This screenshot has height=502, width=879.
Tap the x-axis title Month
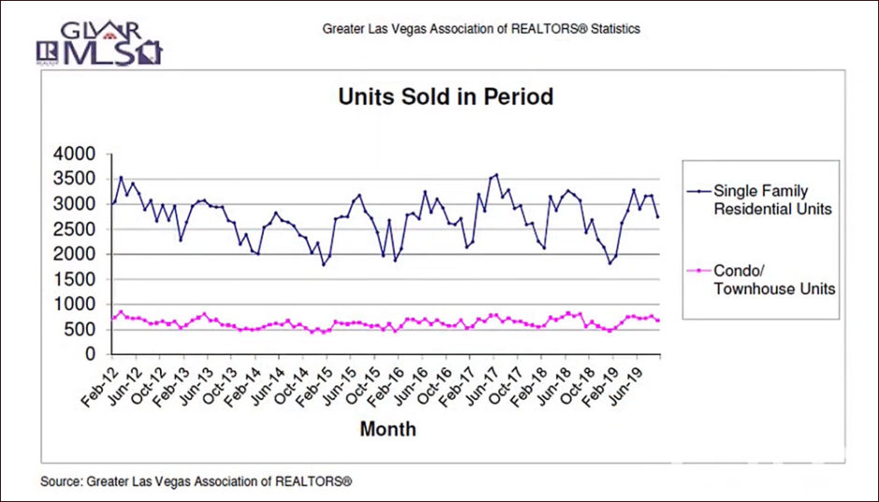[388, 430]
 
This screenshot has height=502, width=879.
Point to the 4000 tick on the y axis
[79, 153]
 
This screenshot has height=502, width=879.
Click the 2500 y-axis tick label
[79, 229]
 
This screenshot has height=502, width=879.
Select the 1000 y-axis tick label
[79, 305]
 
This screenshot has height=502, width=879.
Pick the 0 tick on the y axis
[91, 355]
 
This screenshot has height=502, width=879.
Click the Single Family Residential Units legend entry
[771, 200]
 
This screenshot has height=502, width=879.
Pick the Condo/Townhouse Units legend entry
[771, 280]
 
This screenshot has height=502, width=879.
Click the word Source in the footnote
[60, 482]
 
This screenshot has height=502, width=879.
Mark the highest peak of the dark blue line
[497, 175]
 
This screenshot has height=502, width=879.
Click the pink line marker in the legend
[697, 270]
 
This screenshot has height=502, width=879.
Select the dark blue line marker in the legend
[697, 191]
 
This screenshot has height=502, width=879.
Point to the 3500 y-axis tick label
[79, 179]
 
